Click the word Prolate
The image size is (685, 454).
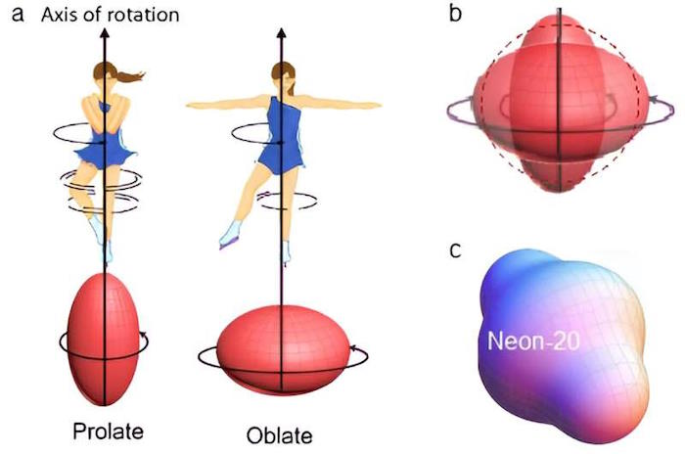click(108, 431)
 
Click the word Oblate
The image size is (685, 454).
click(280, 435)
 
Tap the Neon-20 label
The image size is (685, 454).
click(533, 340)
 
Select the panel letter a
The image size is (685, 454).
click(18, 14)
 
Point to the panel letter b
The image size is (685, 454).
click(456, 13)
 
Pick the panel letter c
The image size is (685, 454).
click(455, 250)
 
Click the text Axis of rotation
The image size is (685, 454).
click(110, 15)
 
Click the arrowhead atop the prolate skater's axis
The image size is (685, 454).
click(105, 32)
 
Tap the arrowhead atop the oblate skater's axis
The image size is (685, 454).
click(282, 33)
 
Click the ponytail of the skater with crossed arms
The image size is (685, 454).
click(129, 77)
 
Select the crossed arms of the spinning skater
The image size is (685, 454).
click(106, 113)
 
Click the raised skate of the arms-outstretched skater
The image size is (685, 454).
click(229, 237)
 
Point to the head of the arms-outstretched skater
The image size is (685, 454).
click(284, 76)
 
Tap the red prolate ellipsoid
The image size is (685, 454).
click(104, 340)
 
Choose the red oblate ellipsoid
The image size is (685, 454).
click(284, 349)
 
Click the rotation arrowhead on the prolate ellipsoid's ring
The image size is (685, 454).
click(143, 336)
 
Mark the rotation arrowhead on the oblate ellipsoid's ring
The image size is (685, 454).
click(353, 348)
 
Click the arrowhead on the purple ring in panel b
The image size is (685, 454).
click(653, 100)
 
